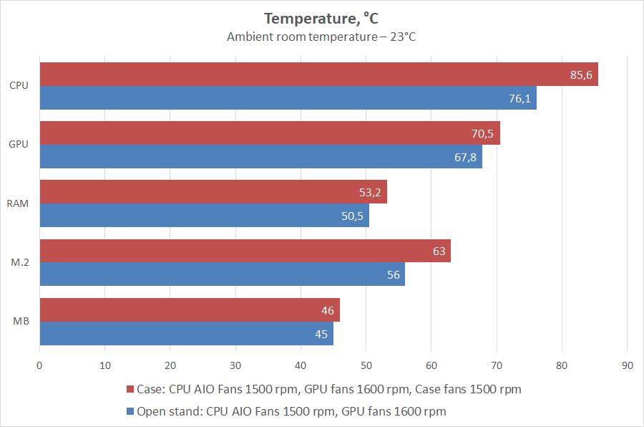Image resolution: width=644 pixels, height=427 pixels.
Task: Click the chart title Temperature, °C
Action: coord(321,19)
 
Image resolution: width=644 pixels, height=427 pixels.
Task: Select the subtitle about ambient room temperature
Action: coord(321,37)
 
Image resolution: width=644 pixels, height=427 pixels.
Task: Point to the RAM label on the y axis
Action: coord(18,204)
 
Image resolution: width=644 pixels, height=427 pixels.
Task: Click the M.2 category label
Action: coord(19,263)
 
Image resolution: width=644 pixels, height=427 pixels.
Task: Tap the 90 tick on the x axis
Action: coord(627,365)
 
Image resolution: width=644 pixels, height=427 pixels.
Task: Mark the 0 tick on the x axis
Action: coord(39,365)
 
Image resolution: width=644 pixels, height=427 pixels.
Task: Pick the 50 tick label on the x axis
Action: coord(366,365)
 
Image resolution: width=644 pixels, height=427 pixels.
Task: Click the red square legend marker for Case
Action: coord(130,390)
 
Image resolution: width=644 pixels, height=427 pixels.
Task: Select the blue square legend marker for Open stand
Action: coord(130,411)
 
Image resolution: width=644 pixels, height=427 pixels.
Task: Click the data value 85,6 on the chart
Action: coord(580,75)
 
